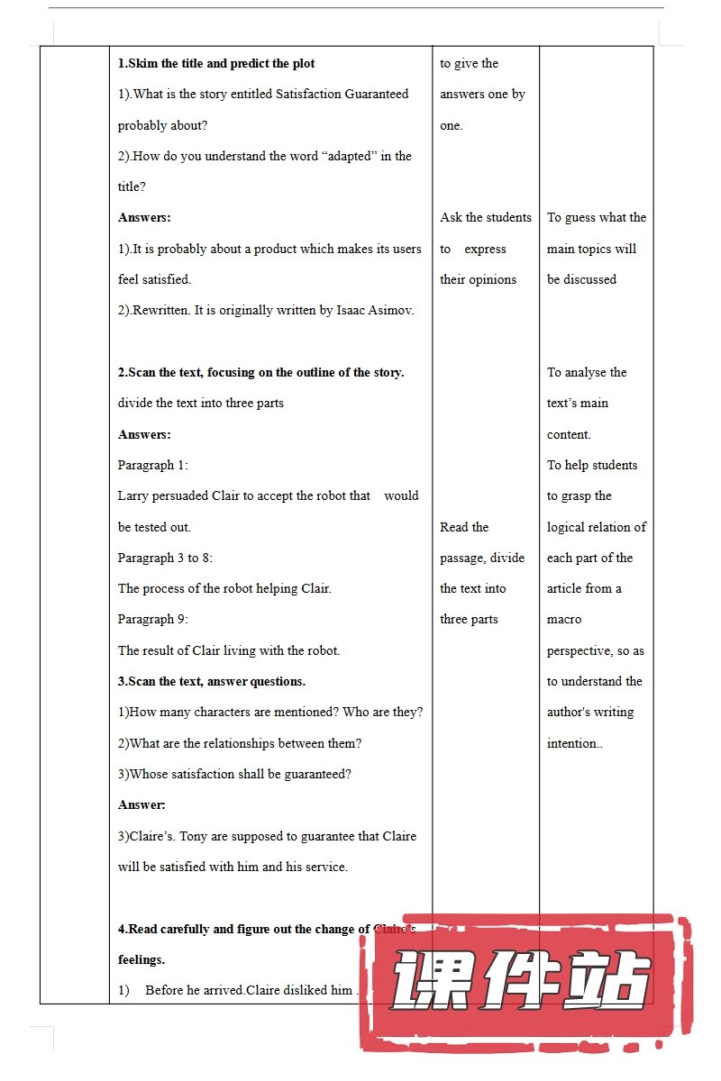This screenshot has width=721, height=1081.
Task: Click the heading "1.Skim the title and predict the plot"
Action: (216, 64)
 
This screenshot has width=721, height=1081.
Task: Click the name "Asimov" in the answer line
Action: (392, 311)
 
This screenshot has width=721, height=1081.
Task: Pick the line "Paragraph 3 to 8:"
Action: (165, 559)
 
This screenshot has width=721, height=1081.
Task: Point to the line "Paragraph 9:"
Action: (152, 620)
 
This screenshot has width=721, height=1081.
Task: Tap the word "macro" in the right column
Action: (564, 620)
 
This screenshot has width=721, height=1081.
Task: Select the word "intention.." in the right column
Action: (575, 744)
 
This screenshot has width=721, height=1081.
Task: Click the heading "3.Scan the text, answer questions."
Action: (212, 682)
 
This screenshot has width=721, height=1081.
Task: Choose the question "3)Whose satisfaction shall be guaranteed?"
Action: (234, 775)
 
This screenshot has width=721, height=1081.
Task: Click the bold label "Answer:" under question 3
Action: (141, 805)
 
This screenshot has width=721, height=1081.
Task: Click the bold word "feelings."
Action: (141, 960)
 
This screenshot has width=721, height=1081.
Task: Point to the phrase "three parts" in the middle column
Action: (469, 620)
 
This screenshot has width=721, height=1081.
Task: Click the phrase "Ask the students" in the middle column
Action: (486, 218)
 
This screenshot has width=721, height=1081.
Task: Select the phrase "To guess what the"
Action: (597, 218)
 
